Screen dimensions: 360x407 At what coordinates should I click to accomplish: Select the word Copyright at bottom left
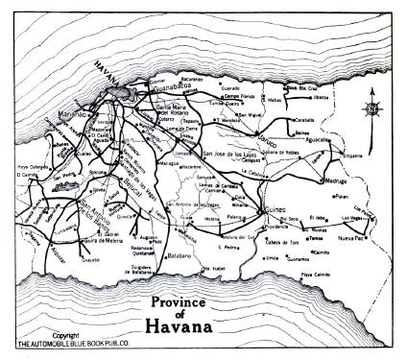(44, 335)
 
